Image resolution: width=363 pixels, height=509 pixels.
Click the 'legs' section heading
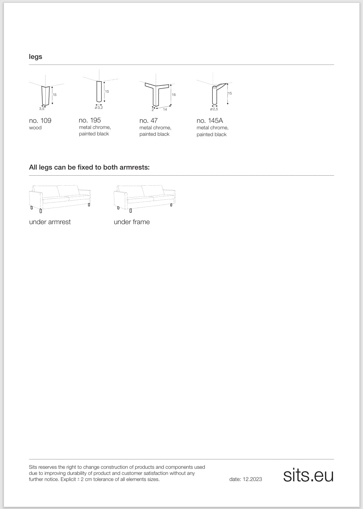click(x=36, y=57)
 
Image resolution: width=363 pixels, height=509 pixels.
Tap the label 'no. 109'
click(x=40, y=121)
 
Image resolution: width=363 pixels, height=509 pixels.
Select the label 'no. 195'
click(x=90, y=120)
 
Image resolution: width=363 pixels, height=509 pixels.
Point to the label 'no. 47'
click(x=148, y=121)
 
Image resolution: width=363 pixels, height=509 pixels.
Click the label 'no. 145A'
click(x=210, y=121)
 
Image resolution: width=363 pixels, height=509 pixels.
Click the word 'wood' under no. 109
click(x=35, y=128)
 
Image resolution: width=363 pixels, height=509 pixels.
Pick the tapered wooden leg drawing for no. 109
click(x=45, y=95)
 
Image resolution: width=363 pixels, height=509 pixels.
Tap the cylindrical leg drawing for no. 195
click(x=99, y=91)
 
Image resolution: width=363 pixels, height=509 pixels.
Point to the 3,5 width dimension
click(x=42, y=108)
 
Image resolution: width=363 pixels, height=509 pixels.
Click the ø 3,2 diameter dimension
click(x=99, y=108)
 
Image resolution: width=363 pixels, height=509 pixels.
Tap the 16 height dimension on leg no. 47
click(x=174, y=95)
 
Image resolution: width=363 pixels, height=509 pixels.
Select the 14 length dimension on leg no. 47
click(x=165, y=109)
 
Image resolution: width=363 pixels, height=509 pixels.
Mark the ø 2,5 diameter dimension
click(x=214, y=109)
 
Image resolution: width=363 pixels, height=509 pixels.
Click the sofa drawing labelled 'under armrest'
click(x=60, y=198)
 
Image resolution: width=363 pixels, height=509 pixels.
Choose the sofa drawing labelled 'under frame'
click(x=144, y=198)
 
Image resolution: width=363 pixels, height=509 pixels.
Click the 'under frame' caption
click(x=132, y=222)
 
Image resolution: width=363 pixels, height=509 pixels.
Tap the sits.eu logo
click(x=308, y=475)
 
